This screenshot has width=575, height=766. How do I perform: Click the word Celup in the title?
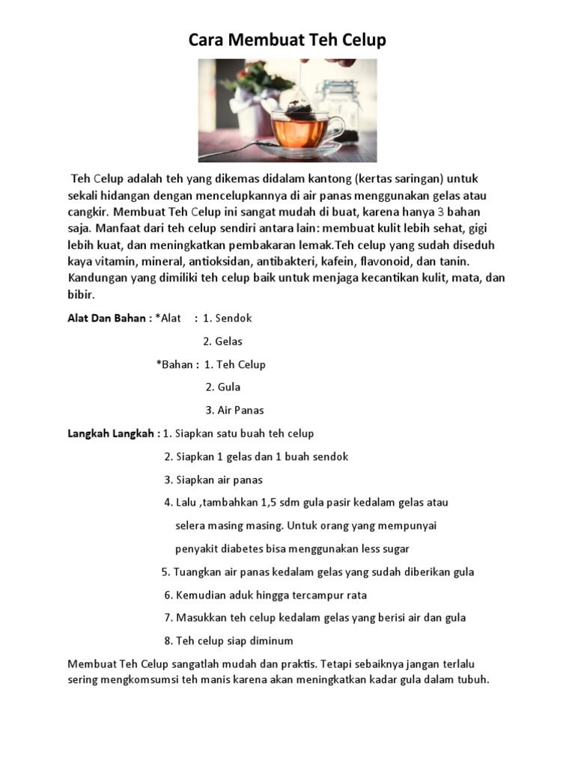pyautogui.click(x=362, y=40)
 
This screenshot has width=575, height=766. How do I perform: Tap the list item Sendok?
pyautogui.click(x=234, y=318)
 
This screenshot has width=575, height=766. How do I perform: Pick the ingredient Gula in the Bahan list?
pyautogui.click(x=229, y=387)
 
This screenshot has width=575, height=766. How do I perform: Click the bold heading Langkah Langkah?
pyautogui.click(x=111, y=433)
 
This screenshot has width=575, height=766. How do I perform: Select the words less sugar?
pyautogui.click(x=385, y=549)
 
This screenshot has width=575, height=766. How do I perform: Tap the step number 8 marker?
pyautogui.click(x=168, y=641)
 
